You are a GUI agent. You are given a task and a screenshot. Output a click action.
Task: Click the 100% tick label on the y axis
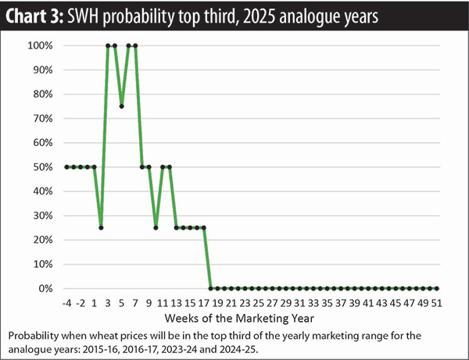pos(41,45)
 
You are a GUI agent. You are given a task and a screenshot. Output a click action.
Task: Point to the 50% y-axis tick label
pos(43,167)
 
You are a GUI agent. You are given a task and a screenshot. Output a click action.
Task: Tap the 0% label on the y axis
pos(45,288)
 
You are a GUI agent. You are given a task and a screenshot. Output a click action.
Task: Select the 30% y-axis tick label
pos(43,216)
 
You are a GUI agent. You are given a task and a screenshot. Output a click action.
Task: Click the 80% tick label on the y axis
pos(43,94)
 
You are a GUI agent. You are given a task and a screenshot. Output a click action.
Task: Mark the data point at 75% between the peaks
pos(121,106)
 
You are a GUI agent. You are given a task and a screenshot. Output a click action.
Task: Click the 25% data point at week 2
pos(101,227)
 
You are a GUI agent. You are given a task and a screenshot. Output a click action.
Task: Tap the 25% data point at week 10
pos(156,227)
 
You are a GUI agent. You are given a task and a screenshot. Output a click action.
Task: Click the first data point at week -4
pos(66,166)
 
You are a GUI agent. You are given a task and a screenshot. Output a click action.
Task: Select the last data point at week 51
pos(437,288)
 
